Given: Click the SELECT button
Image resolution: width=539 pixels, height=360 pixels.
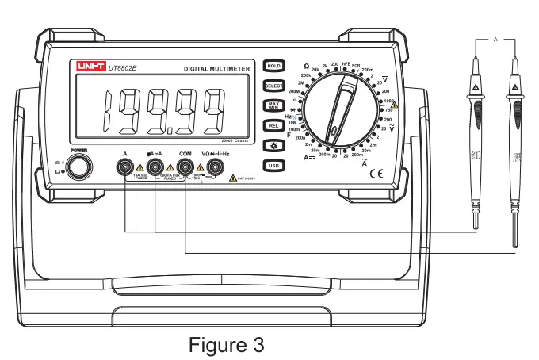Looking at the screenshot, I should pos(273,86).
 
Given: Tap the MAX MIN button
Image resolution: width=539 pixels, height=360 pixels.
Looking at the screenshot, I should pos(273,105).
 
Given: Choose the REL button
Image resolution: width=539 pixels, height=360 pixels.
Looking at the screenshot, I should pos(273,125).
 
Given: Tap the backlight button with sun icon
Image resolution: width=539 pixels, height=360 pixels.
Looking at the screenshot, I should pos(273,146).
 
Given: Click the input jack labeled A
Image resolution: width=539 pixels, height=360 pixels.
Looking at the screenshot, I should pos(125,167).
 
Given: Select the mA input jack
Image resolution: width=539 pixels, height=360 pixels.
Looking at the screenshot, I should pos(155,167).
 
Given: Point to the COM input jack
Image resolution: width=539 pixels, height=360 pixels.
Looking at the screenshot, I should pos(185,167).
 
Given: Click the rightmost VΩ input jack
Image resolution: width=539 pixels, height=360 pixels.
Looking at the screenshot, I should pos(214,167).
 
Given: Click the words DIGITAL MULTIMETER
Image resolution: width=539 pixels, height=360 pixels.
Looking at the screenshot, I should pos(217,70).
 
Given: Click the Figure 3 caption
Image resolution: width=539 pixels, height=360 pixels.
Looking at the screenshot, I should pos(225,346).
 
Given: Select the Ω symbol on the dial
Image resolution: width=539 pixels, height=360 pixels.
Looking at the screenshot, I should pos(307,66).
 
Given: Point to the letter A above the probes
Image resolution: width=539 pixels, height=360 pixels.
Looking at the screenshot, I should pos(495,39).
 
